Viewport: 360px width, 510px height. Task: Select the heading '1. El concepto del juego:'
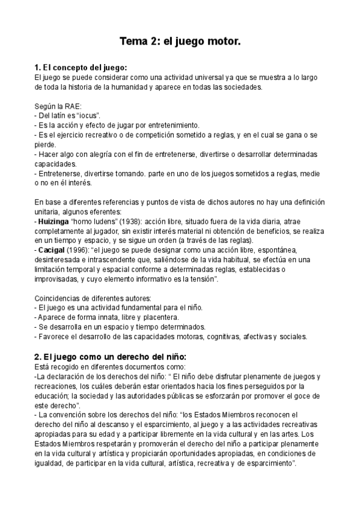pyautogui.click(x=81, y=68)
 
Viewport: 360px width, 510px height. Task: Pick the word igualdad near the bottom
pyautogui.click(x=50, y=464)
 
